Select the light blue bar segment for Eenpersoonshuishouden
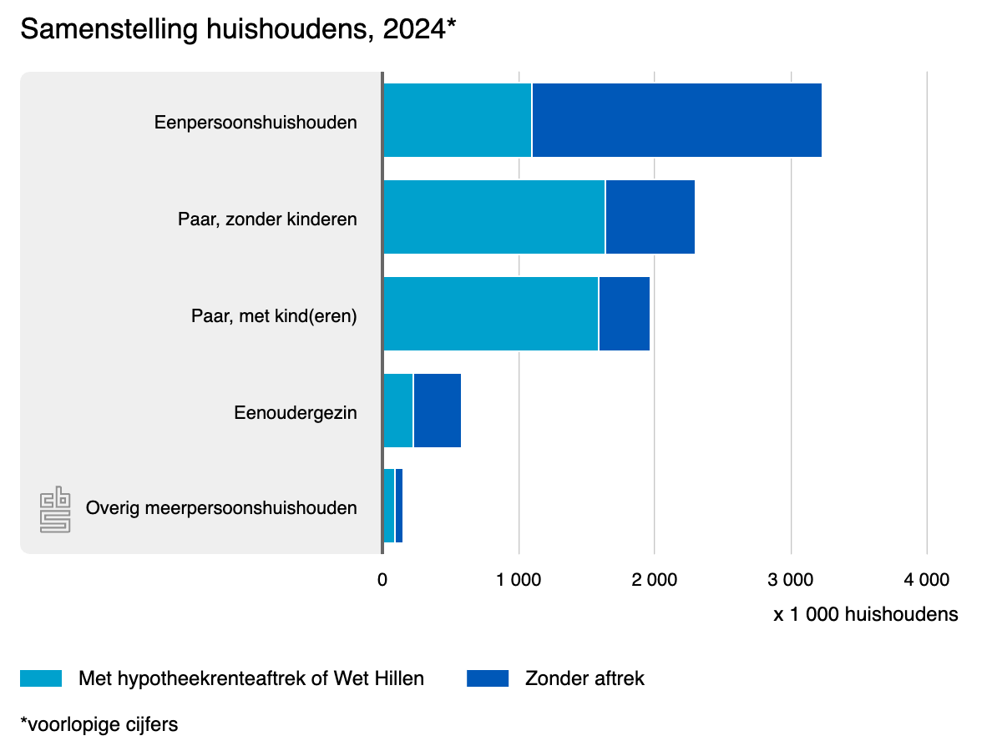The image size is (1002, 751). click(x=457, y=120)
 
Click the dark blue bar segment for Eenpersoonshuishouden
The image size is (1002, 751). click(x=676, y=120)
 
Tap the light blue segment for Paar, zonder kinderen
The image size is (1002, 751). click(x=493, y=217)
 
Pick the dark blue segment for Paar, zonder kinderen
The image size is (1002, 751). click(x=650, y=217)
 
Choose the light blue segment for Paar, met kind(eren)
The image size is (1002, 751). click(x=490, y=314)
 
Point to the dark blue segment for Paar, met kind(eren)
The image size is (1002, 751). click(x=624, y=314)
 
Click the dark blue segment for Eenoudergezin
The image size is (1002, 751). click(x=437, y=411)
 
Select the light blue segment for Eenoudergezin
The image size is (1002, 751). click(x=397, y=411)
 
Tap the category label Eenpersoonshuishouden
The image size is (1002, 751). click(x=256, y=123)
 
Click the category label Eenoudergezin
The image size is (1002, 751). click(x=296, y=412)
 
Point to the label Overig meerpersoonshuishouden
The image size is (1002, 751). click(x=221, y=507)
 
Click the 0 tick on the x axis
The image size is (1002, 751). click(x=382, y=579)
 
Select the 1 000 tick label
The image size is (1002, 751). click(x=519, y=579)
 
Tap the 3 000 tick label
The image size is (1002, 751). click(x=791, y=579)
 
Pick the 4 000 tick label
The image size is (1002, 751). click(x=927, y=579)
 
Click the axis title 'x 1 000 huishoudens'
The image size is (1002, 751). click(x=865, y=615)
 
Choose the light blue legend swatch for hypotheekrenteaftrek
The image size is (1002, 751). click(x=41, y=678)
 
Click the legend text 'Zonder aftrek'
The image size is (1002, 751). click(x=584, y=678)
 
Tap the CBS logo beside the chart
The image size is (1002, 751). click(x=55, y=509)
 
